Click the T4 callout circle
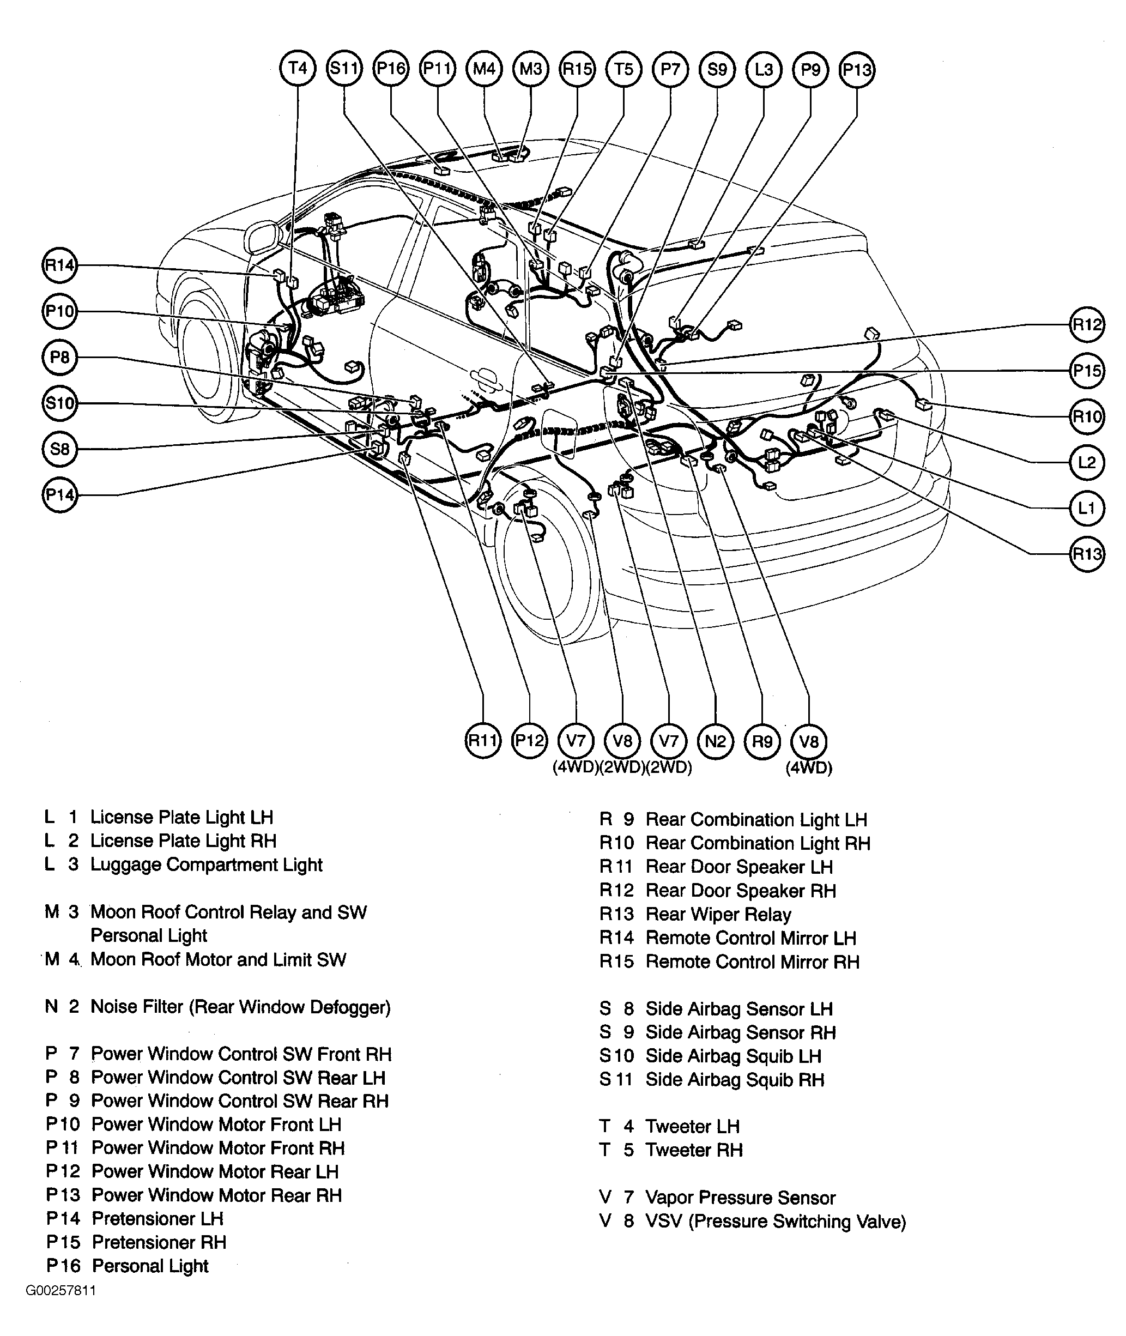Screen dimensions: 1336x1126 [298, 68]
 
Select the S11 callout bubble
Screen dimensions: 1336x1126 [344, 68]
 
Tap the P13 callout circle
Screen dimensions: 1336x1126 [857, 70]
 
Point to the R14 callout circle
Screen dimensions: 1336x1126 [59, 265]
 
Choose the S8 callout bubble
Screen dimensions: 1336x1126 [59, 449]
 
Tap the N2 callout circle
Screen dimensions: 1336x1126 [716, 741]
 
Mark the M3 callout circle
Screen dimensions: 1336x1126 [530, 68]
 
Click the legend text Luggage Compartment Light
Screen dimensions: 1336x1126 [206, 865]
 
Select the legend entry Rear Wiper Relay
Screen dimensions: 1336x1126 [718, 915]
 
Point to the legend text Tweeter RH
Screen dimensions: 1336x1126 [694, 1150]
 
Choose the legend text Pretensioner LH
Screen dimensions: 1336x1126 [157, 1219]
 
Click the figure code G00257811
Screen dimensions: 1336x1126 [60, 1291]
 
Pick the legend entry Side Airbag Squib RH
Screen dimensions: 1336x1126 [735, 1080]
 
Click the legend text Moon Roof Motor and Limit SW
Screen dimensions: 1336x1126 [219, 959]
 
